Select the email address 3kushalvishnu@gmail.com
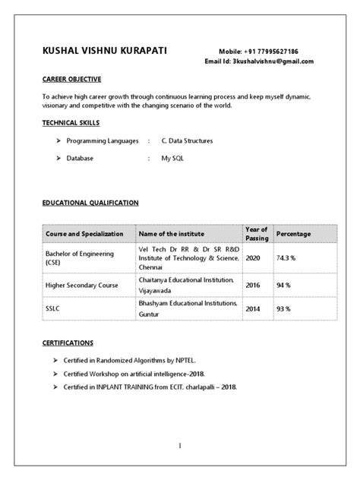pyautogui.click(x=271, y=61)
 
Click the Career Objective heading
pyautogui.click(x=71, y=79)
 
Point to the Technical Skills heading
pyautogui.click(x=71, y=122)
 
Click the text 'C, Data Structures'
pyautogui.click(x=187, y=141)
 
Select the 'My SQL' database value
pyautogui.click(x=172, y=158)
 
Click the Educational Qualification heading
pyautogui.click(x=90, y=203)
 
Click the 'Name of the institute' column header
pyautogui.click(x=173, y=234)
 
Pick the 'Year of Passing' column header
pyautogui.click(x=257, y=233)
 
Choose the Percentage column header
pyautogui.click(x=294, y=234)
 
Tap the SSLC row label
pyautogui.click(x=55, y=309)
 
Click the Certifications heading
pyautogui.click(x=68, y=343)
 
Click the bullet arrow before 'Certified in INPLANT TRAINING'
pyautogui.click(x=57, y=387)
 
